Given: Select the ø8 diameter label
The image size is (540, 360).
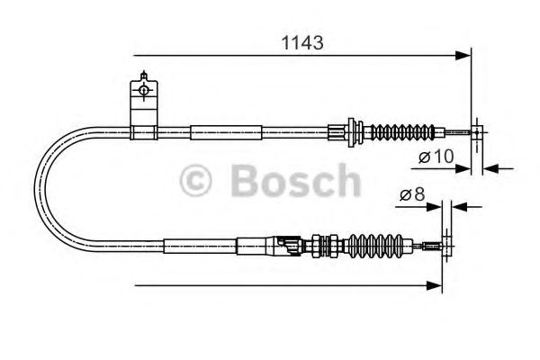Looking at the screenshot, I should point(411,194).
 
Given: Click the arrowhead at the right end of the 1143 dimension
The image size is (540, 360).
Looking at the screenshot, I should point(465,57).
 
